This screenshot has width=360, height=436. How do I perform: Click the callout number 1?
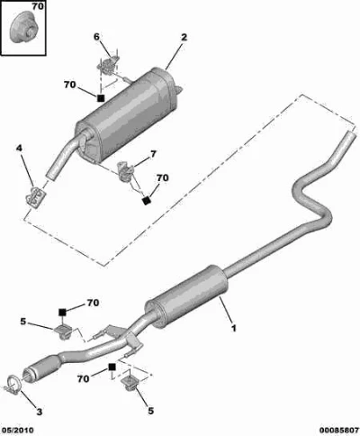[x=233, y=328]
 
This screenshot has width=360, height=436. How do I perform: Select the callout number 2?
[x=184, y=37]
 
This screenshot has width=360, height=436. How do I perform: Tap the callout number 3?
[x=40, y=412]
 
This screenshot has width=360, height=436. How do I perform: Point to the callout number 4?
[x=19, y=148]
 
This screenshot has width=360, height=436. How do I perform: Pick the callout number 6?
[x=96, y=37]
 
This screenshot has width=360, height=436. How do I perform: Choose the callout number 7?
[x=153, y=154]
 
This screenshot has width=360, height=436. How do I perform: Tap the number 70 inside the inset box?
[x=38, y=6]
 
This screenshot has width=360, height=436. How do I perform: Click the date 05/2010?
[x=17, y=431]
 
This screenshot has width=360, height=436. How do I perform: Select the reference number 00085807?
[x=338, y=431]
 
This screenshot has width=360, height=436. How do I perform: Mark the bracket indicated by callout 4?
[x=35, y=196]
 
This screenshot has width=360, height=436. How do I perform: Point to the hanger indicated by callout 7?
[x=125, y=171]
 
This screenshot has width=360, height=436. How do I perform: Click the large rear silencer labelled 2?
[x=128, y=114]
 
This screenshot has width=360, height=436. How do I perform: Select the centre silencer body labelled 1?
[x=185, y=295]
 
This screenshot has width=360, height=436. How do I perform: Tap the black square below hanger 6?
[x=101, y=98]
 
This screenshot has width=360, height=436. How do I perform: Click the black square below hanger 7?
[x=147, y=201]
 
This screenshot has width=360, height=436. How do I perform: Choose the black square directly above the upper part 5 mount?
[x=62, y=313]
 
